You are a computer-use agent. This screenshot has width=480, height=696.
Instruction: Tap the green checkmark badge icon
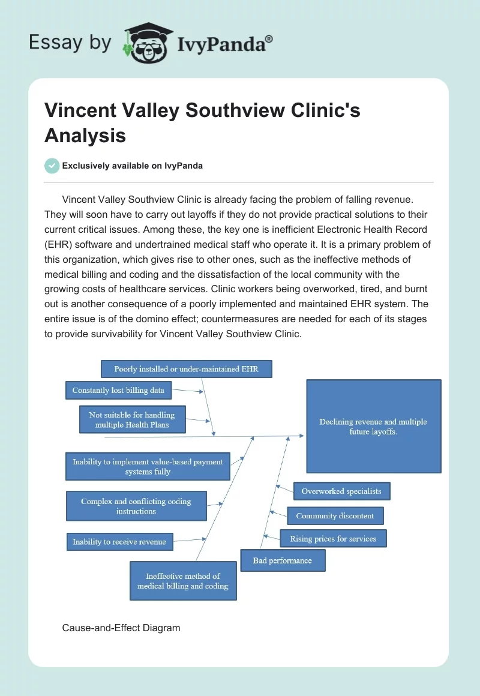[x=52, y=166]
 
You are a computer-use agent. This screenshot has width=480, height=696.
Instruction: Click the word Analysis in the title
[x=85, y=135]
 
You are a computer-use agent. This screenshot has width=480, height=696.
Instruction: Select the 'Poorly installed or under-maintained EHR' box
[x=186, y=369]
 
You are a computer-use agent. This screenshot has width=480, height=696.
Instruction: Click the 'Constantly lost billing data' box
[x=118, y=390]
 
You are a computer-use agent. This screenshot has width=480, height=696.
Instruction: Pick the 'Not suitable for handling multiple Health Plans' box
[x=132, y=419]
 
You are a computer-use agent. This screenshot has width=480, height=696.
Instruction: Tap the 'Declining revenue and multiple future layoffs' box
[x=373, y=427]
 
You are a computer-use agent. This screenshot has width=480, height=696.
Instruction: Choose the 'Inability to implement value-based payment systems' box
[x=148, y=466]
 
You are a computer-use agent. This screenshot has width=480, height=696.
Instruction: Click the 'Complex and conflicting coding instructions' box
[x=136, y=506]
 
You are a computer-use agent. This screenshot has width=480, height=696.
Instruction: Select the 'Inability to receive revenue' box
[x=119, y=542]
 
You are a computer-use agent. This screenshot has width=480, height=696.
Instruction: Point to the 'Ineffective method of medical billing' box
[x=183, y=581]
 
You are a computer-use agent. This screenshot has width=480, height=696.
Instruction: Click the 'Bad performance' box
[x=283, y=560]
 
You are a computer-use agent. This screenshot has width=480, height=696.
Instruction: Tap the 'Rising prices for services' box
[x=333, y=539]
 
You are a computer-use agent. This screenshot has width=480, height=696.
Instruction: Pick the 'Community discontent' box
[x=335, y=515]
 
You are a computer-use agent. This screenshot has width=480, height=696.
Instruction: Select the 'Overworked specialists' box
[x=341, y=491]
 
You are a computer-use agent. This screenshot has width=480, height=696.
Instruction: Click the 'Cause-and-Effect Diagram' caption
[x=121, y=628]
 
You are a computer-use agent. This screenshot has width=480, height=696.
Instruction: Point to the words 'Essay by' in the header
[x=70, y=43]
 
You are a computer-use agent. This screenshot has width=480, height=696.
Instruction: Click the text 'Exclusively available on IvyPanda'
[x=132, y=166]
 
